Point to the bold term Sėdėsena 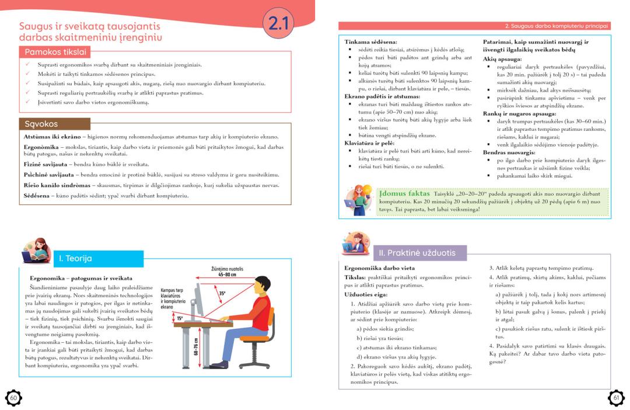[37, 196]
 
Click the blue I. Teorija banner [76, 258]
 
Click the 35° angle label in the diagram [222, 293]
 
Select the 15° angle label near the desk [180, 318]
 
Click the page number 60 [13, 398]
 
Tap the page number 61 [617, 398]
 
